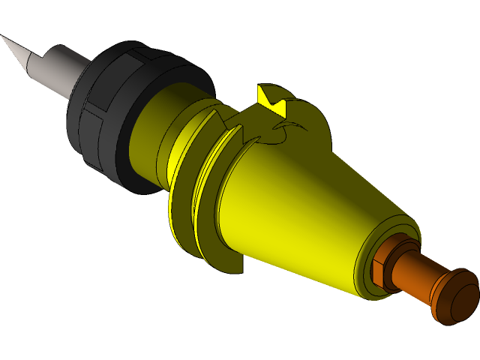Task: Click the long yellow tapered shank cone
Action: point(300,210)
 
